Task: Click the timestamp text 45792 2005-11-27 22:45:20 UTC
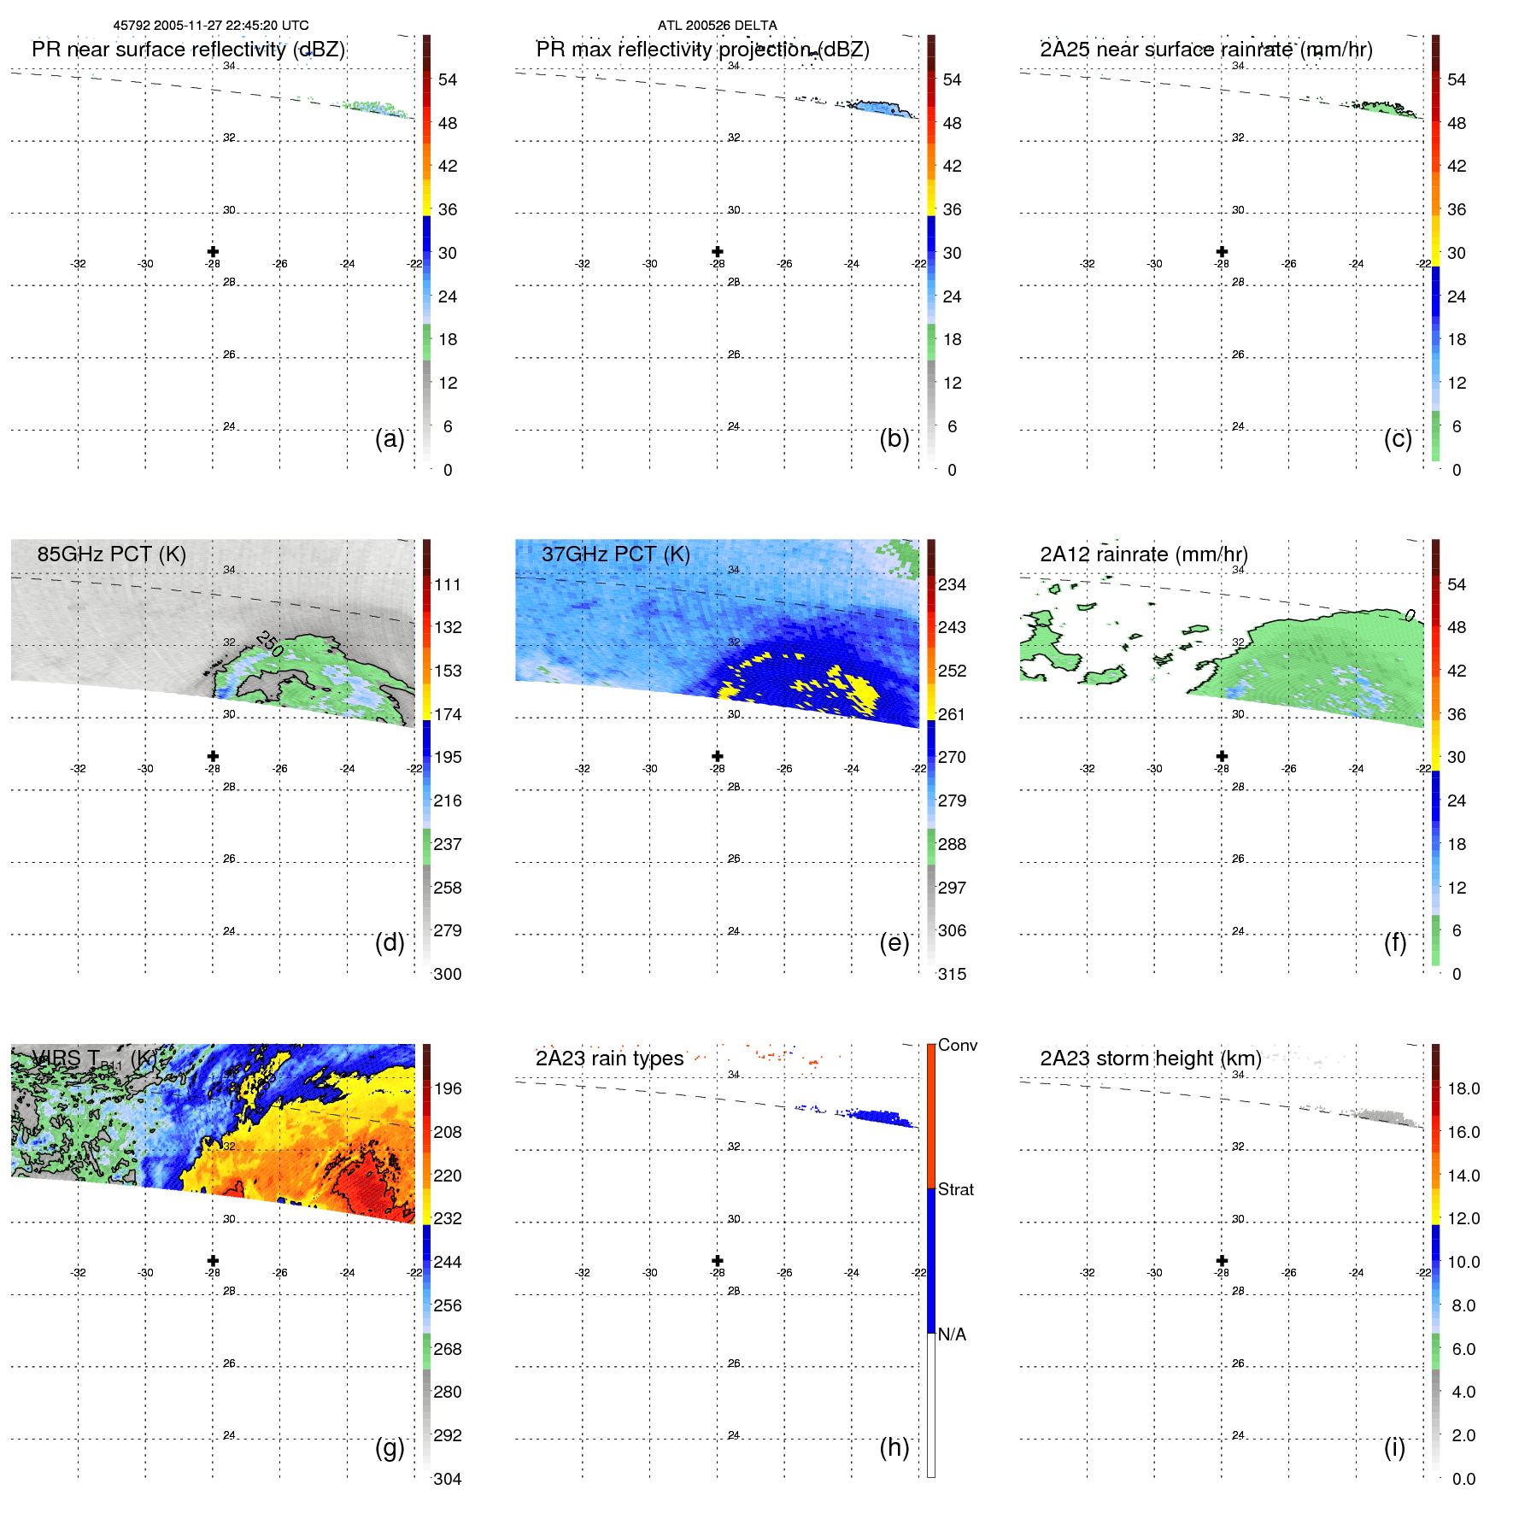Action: coord(211,26)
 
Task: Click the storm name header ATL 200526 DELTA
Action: coord(717,26)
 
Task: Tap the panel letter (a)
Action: coord(390,439)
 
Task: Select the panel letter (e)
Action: coord(894,943)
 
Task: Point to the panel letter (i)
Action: coord(1394,1447)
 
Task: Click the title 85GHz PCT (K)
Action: coord(111,554)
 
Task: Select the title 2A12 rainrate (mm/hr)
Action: coord(1143,554)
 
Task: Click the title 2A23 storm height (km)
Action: coord(1150,1059)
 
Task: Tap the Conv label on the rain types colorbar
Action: coord(957,1046)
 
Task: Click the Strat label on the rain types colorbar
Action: coord(955,1190)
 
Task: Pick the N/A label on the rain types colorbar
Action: coord(952,1334)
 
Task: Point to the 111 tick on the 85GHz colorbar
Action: coord(448,585)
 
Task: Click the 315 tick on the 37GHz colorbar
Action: coord(952,975)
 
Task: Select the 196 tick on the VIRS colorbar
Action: coord(448,1089)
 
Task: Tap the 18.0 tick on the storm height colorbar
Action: coord(1463,1089)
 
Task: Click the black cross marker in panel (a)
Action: coord(213,252)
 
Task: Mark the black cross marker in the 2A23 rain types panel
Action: coord(718,1261)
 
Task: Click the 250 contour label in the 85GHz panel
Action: coord(269,643)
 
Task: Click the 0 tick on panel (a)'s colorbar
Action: coord(448,471)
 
